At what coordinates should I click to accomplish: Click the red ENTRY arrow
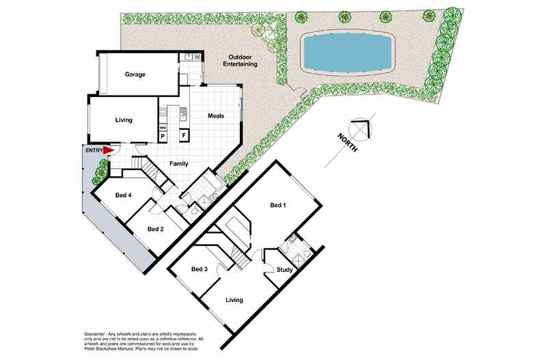point(109,150)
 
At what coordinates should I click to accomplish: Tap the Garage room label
point(135,74)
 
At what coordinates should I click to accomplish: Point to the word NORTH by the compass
point(347,143)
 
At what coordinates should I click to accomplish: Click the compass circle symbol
point(361,130)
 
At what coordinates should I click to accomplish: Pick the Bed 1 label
point(278,206)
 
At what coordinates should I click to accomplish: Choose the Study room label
point(284,270)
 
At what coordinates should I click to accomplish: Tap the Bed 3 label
point(200,269)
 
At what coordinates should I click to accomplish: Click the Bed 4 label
point(123,195)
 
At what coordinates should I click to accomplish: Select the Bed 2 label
point(155,230)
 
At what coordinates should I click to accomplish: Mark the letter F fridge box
point(184,136)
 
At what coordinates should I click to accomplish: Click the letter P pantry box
point(163,137)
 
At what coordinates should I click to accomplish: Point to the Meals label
point(216,116)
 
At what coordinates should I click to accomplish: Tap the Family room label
point(178,164)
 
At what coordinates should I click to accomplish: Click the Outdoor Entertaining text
point(240,61)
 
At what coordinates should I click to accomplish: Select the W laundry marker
point(197,57)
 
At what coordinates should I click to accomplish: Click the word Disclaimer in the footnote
point(95,334)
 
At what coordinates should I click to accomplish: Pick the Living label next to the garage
point(124,120)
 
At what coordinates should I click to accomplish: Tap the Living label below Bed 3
point(234,300)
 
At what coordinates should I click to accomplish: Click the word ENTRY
point(94,150)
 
